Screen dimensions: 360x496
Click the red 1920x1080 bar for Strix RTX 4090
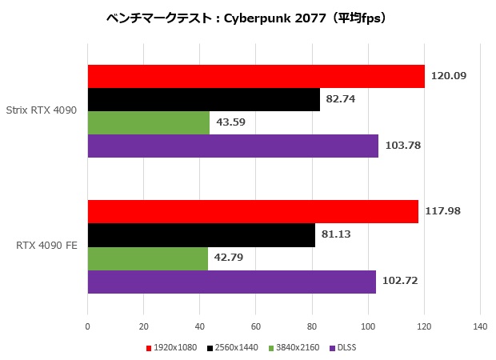[x=256, y=76]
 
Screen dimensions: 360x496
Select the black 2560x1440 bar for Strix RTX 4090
[x=203, y=99]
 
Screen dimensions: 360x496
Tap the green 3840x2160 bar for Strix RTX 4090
[x=149, y=122]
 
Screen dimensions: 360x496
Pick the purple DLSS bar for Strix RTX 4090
[x=233, y=146]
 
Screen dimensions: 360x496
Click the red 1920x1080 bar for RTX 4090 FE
[x=253, y=212]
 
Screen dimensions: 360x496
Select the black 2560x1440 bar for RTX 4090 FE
[x=201, y=235]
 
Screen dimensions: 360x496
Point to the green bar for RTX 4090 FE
[x=147, y=258]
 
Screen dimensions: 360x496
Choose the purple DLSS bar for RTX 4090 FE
[x=231, y=282]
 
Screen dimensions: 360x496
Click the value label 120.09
[x=448, y=76]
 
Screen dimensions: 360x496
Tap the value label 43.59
[x=233, y=122]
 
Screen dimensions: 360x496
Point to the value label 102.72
[x=400, y=282]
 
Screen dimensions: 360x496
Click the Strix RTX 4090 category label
[x=42, y=110]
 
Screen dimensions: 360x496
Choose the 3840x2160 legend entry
[x=295, y=348]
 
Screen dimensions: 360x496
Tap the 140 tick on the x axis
[x=479, y=326]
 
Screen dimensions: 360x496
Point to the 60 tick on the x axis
[x=255, y=326]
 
